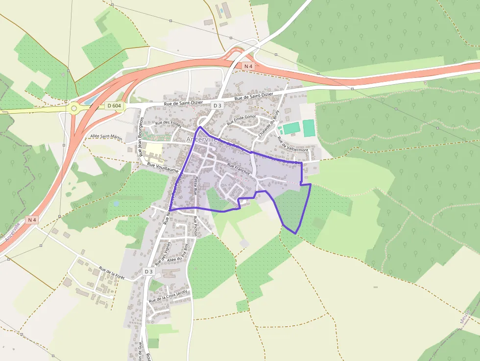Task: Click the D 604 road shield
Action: pyautogui.click(x=113, y=106)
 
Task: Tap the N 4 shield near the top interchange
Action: pyautogui.click(x=249, y=66)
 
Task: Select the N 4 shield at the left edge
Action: pyautogui.click(x=32, y=220)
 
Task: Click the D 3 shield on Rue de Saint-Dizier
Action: pyautogui.click(x=217, y=105)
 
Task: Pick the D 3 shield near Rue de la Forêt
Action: pyautogui.click(x=149, y=271)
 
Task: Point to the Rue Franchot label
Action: pyautogui.click(x=239, y=169)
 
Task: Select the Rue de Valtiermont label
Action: pyautogui.click(x=293, y=144)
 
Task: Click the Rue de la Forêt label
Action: pyautogui.click(x=112, y=272)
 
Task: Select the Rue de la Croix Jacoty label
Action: pyautogui.click(x=168, y=295)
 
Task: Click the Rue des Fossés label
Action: pyautogui.click(x=168, y=124)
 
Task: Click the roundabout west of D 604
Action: pyautogui.click(x=74, y=108)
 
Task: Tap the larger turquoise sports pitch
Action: pyautogui.click(x=309, y=128)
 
